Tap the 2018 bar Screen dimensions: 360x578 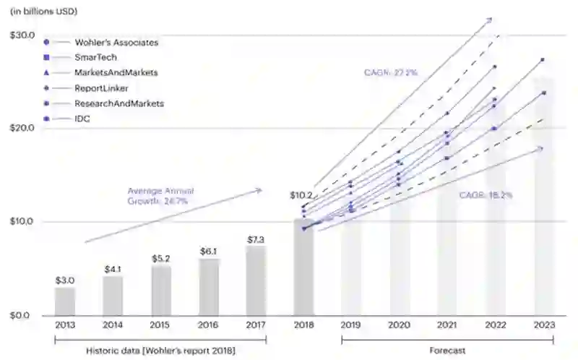303,267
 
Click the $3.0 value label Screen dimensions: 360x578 64,280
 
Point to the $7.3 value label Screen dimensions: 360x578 256,239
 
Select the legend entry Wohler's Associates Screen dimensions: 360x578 116,43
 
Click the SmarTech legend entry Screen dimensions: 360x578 95,57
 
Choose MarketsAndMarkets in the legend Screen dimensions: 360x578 116,73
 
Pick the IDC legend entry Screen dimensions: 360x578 82,119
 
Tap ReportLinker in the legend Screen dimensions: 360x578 101,88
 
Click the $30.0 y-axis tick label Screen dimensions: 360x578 22,35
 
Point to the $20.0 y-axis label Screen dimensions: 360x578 22,128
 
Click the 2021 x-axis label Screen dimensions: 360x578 447,326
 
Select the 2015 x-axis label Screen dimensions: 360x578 161,326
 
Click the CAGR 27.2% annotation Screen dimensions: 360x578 391,72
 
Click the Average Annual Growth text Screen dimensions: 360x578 160,196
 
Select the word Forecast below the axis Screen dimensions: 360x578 448,351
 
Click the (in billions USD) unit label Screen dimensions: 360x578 44,12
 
